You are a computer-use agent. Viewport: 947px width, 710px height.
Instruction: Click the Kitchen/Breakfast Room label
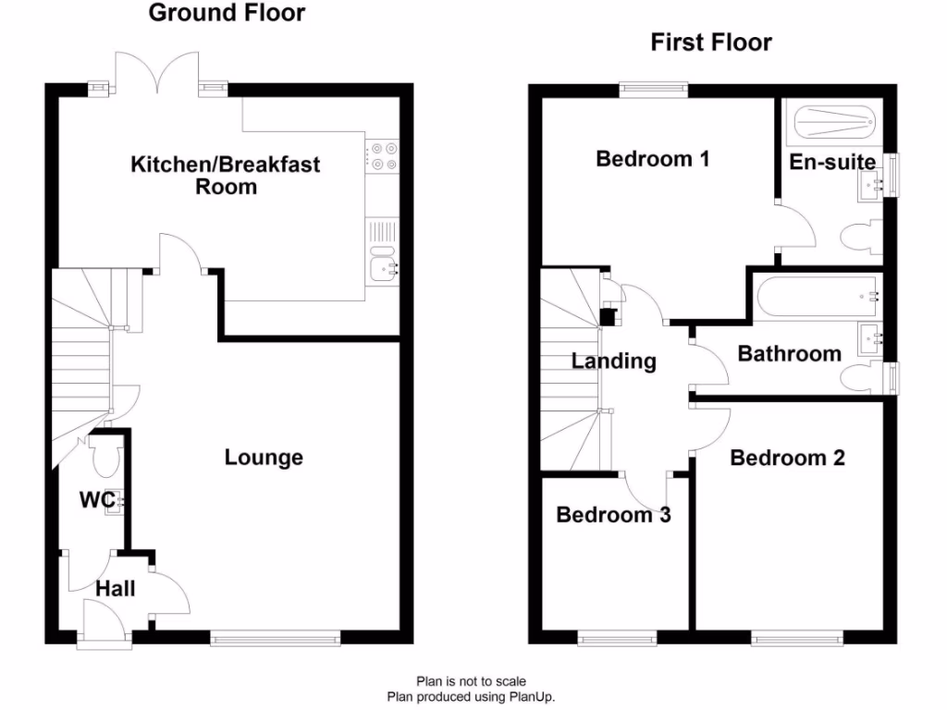(226, 175)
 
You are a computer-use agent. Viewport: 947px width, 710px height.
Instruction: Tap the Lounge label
(264, 457)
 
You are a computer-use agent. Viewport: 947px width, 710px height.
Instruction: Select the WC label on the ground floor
(96, 500)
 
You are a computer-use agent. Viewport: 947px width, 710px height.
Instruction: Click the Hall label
(116, 588)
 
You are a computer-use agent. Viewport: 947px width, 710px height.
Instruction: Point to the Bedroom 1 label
(652, 158)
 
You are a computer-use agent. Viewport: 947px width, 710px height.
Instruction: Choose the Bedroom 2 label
(787, 457)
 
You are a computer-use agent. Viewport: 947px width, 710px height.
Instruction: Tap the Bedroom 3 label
(613, 515)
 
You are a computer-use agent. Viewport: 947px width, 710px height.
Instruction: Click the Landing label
(613, 361)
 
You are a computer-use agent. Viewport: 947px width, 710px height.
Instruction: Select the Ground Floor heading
(227, 13)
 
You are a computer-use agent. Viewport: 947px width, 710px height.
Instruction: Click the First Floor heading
(711, 42)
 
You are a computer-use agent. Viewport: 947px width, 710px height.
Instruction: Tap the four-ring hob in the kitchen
(383, 155)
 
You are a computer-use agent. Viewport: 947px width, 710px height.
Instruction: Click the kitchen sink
(382, 266)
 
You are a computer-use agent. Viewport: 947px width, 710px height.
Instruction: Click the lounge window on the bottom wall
(275, 637)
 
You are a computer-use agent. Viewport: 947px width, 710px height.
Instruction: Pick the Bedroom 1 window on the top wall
(653, 89)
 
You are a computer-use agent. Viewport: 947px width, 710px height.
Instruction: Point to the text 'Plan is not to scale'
(471, 682)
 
